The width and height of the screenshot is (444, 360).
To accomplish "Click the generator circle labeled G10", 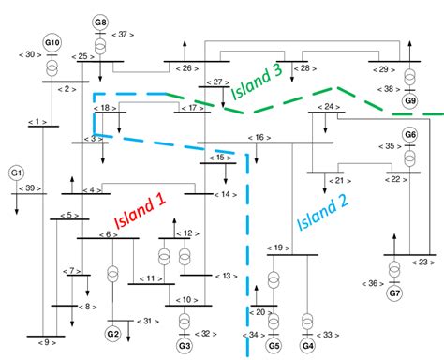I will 52,43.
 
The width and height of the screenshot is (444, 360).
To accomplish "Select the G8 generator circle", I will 100,22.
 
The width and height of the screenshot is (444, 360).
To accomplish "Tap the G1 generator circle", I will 16,173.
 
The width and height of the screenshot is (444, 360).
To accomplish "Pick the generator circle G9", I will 410,100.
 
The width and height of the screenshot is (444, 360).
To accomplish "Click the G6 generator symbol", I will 409,135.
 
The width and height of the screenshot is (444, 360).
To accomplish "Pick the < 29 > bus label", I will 382,68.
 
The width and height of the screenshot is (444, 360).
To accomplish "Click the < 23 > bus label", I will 423,262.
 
